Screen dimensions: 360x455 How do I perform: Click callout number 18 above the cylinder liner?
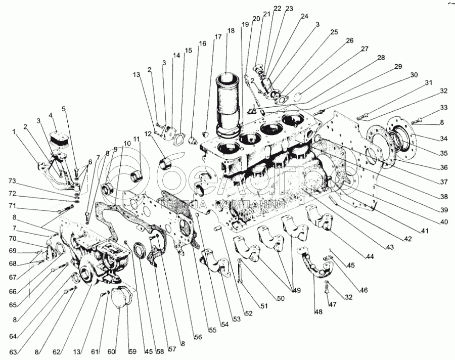(231, 31)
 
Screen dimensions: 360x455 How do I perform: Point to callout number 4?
(51, 116)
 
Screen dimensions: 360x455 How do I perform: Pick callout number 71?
(12, 206)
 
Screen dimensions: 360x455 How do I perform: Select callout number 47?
(332, 304)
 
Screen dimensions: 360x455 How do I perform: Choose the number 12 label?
(148, 134)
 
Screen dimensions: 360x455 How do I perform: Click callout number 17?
(218, 37)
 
